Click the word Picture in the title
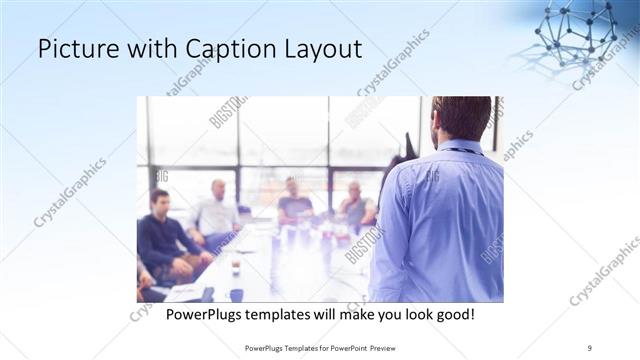pos(71,49)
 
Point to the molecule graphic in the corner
pos(578,32)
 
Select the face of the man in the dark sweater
pos(158,200)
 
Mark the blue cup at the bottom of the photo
pos(236,294)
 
